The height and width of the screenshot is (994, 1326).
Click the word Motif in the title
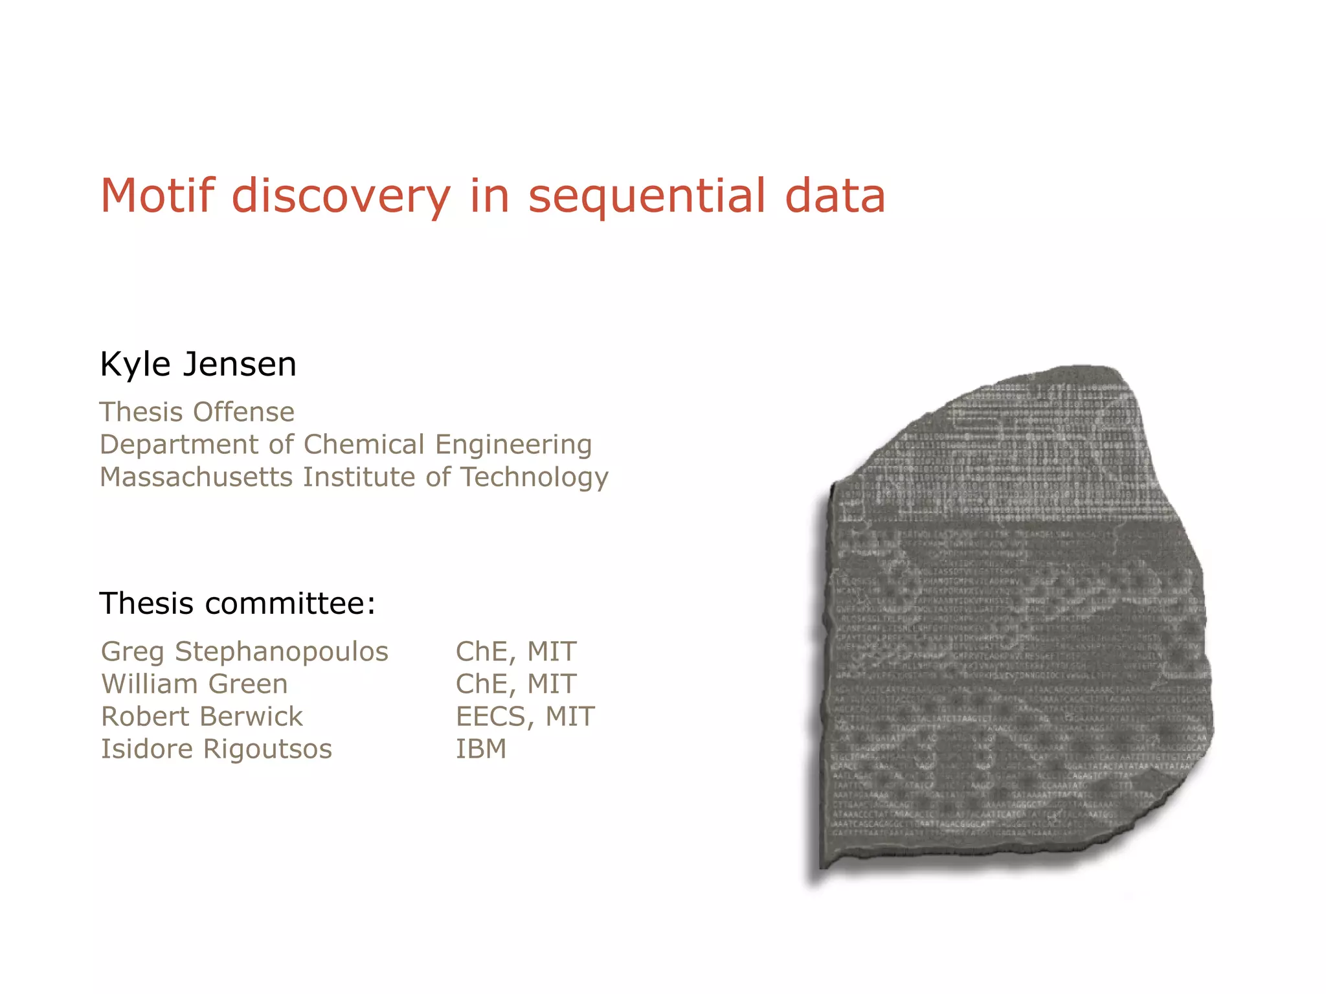(x=157, y=196)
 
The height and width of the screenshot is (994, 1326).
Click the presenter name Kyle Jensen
(x=198, y=364)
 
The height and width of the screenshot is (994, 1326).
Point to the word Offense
(x=243, y=412)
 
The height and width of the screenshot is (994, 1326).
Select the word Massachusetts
(x=196, y=477)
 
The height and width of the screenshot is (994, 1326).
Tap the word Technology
(x=534, y=478)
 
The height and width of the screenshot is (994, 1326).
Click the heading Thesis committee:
(x=238, y=604)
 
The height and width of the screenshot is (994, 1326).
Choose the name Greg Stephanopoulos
(x=245, y=651)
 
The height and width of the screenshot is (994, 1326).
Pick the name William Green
(x=194, y=684)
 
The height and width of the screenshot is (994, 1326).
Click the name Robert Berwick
(x=202, y=716)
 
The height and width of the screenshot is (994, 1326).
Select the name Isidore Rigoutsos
(x=216, y=749)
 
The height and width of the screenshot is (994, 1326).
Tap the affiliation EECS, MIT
(x=525, y=716)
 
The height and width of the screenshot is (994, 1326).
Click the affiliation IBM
(x=481, y=749)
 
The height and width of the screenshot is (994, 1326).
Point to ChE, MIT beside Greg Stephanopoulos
(x=516, y=651)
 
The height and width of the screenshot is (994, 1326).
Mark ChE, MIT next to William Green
(x=516, y=684)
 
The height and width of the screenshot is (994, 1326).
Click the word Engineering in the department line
(x=513, y=445)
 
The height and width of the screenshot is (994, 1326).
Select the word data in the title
(x=835, y=196)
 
